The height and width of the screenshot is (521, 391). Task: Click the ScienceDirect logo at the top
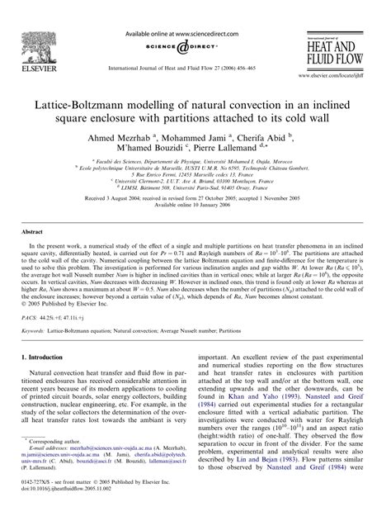point(163,40)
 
